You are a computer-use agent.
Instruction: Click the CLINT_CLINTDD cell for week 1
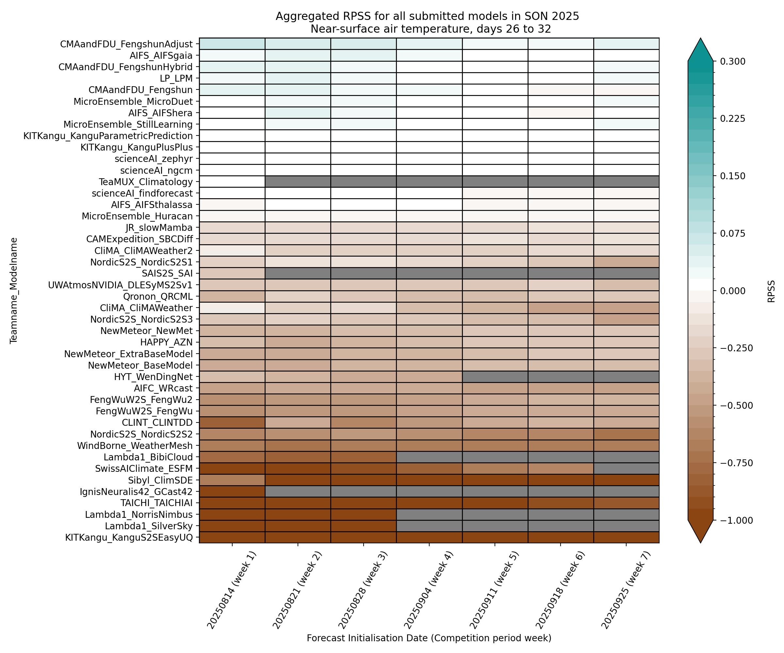232,422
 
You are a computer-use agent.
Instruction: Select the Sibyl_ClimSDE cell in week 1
232,480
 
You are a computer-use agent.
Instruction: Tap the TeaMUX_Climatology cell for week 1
232,182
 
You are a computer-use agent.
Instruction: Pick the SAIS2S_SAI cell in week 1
232,274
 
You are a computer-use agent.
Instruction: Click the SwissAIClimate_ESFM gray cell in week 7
626,468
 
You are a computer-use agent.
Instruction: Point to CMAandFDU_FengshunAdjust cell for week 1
232,44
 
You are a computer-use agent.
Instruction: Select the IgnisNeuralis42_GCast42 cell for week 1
232,491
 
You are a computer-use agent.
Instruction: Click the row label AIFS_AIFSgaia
161,56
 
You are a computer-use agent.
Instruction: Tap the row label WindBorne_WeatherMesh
135,446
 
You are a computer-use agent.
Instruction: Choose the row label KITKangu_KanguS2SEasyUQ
129,537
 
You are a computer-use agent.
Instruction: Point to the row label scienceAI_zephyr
154,159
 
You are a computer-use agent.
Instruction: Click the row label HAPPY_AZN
166,342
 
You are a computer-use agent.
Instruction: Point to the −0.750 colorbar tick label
734,463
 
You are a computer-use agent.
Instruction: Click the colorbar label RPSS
771,291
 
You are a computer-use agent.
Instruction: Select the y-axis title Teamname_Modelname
14,290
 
